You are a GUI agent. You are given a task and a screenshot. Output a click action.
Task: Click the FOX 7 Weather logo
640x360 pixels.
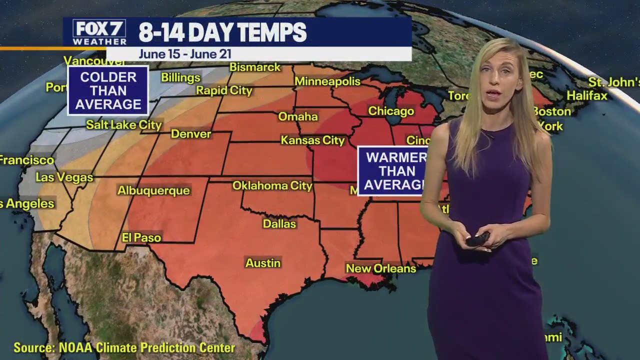(99, 32)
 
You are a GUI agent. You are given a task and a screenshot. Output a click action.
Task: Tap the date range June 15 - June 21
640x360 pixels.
(185, 54)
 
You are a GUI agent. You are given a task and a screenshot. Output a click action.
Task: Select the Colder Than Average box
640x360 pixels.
(108, 90)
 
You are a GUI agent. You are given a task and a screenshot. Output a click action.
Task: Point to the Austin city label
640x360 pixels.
(263, 263)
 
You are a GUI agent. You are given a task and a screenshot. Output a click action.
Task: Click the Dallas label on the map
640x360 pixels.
(279, 224)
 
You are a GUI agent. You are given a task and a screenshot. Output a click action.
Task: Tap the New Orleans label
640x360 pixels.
(381, 268)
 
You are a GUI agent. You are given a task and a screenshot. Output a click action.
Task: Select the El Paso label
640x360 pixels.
(141, 238)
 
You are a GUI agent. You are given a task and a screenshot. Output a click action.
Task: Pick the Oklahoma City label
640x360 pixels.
(272, 186)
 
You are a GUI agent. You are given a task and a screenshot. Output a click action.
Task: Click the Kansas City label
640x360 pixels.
(313, 140)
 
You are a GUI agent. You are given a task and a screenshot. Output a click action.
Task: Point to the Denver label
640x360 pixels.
(191, 134)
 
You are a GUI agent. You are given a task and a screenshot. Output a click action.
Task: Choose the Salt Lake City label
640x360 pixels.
(124, 125)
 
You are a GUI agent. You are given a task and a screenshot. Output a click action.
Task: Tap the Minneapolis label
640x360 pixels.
(327, 81)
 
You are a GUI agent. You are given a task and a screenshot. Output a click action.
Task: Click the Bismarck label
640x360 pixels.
(255, 67)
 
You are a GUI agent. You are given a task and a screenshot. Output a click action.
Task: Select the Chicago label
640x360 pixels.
(391, 111)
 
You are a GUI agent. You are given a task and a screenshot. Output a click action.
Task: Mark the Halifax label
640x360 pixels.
(587, 95)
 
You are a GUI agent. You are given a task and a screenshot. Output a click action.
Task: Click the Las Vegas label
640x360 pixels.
(64, 177)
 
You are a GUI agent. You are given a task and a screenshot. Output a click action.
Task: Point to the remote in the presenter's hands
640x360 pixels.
(477, 239)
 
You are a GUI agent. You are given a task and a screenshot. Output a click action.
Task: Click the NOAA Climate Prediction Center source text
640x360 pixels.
(124, 347)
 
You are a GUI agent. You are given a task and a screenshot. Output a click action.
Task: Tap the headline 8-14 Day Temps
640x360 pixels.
(222, 33)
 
